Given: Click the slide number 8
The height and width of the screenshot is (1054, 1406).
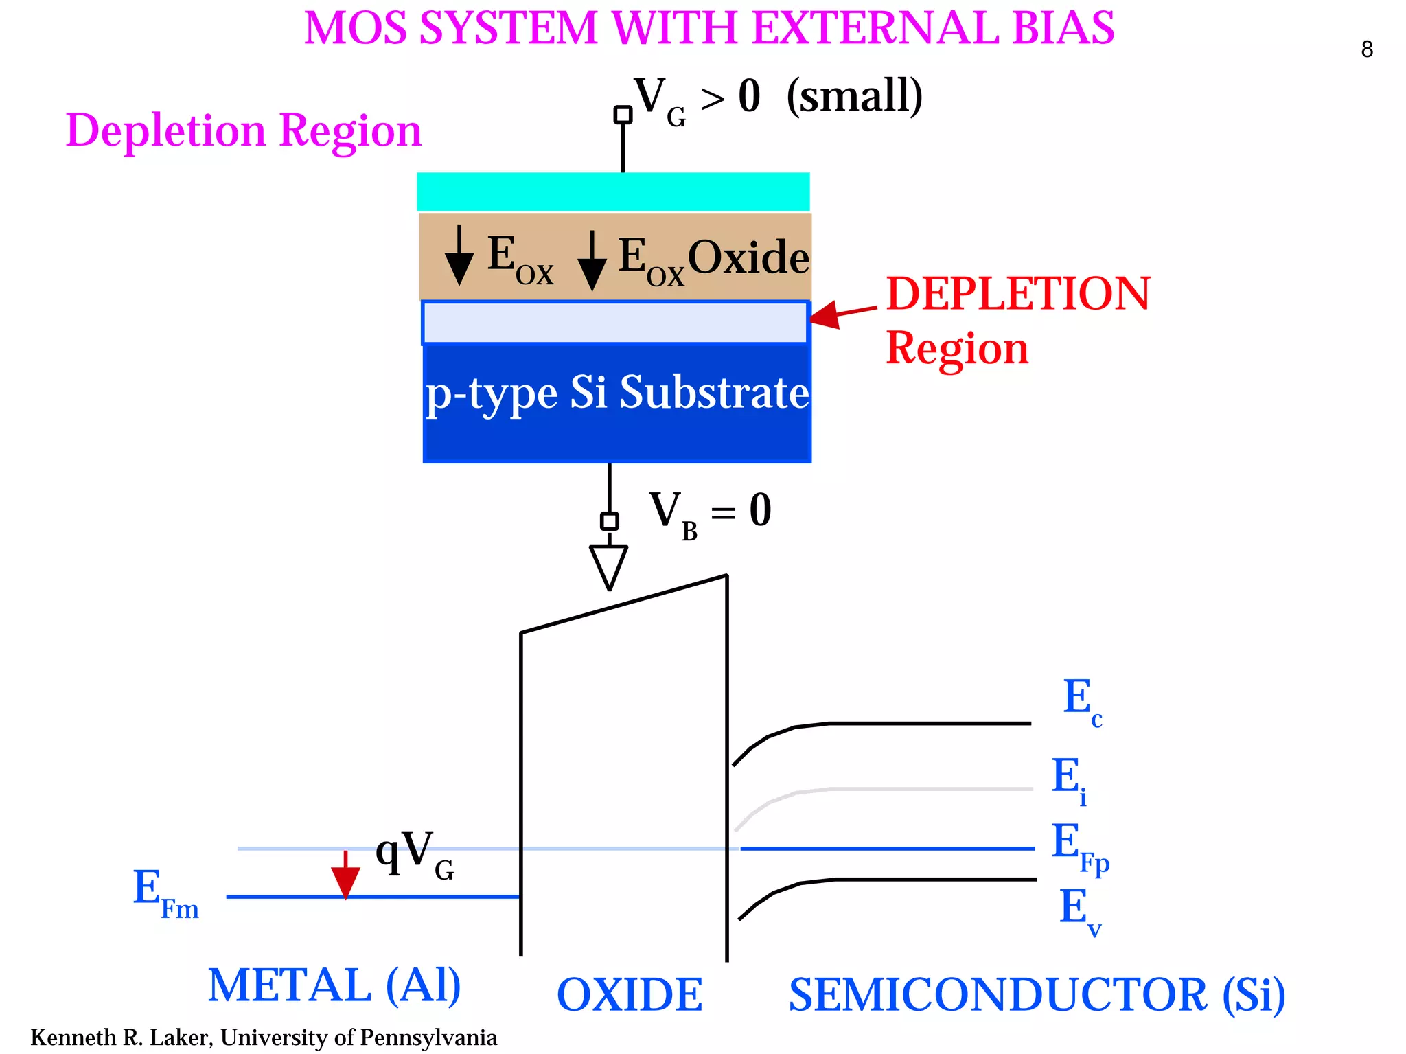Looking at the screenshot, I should tap(1366, 49).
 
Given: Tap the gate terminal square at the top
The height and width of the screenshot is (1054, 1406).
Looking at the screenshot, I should tap(623, 115).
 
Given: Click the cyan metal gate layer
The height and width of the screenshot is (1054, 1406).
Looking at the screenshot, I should tap(613, 192).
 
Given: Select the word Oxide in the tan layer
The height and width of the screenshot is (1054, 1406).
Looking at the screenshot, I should tap(748, 257).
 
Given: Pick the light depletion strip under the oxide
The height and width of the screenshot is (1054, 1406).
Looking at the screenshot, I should tap(614, 323).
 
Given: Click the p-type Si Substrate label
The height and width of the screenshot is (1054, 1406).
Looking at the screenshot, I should tap(617, 393).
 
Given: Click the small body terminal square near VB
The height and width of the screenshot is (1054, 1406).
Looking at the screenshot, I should tap(609, 521).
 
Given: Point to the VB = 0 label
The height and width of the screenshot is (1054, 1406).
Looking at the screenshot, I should tap(710, 512).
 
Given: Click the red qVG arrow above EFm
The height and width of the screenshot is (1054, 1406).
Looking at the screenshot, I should tap(345, 875).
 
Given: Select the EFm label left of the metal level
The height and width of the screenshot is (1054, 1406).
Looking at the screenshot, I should tap(165, 893).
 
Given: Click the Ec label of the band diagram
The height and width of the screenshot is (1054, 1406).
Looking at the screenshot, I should tap(1082, 701).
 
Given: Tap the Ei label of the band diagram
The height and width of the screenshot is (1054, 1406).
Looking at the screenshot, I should tap(1070, 779).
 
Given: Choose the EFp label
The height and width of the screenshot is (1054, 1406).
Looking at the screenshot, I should tap(1080, 847).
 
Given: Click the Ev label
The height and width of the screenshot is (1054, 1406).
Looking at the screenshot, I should tap(1079, 910).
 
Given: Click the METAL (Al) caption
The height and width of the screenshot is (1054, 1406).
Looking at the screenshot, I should tap(334, 985).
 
